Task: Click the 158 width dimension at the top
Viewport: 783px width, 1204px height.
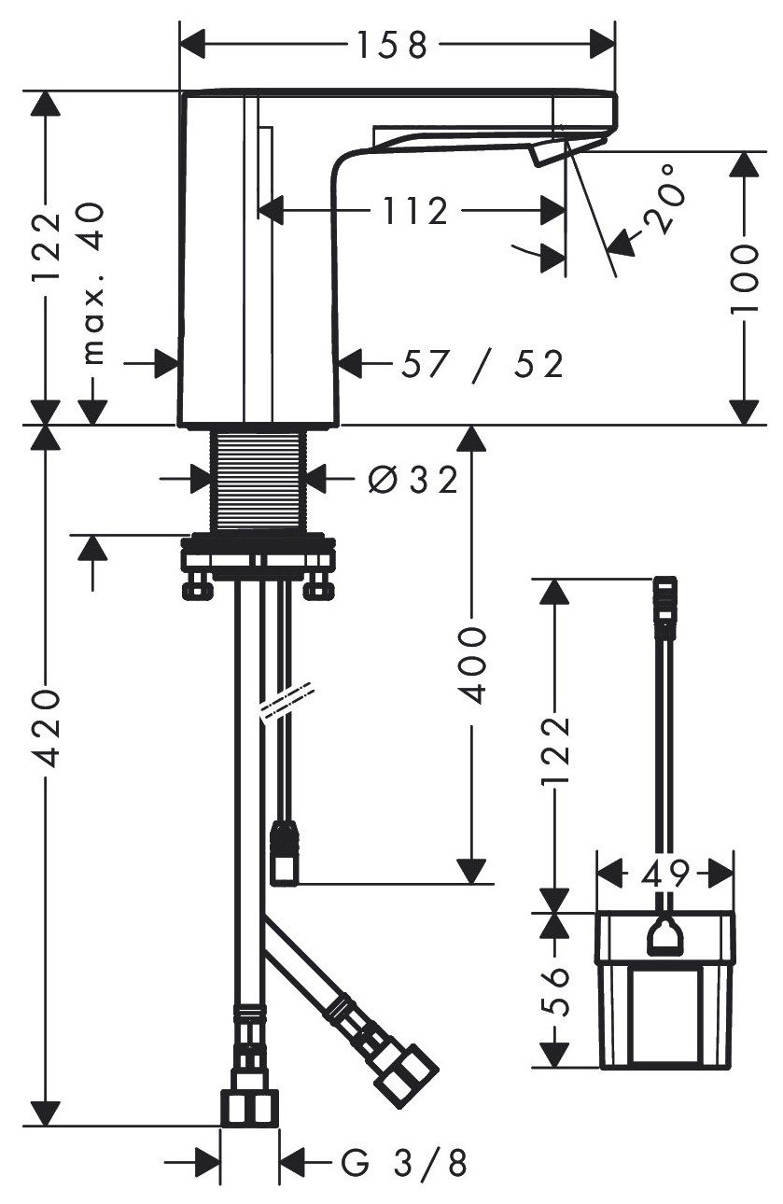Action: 392,45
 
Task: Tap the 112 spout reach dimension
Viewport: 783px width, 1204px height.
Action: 415,211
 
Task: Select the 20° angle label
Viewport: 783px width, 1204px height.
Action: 666,200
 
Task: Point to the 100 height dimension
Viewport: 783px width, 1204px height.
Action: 745,278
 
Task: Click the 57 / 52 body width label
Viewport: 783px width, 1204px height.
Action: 482,365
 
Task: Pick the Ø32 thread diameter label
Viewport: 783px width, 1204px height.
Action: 412,480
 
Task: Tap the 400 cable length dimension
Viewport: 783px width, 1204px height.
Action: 473,665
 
